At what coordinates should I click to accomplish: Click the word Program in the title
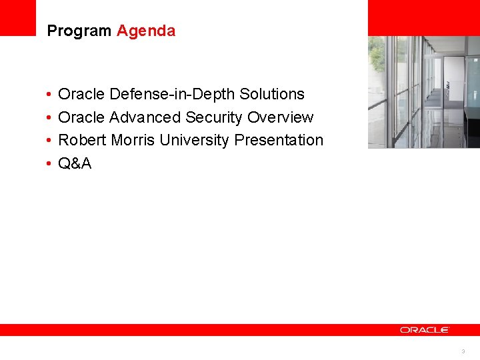click(79, 31)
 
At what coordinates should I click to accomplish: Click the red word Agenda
click(146, 31)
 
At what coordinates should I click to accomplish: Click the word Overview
click(280, 117)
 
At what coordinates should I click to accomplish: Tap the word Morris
click(133, 141)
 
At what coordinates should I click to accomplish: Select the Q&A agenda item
click(75, 163)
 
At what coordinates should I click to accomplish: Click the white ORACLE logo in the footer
click(425, 330)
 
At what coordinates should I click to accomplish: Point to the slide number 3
click(463, 351)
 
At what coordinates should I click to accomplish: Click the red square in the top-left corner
click(17, 17)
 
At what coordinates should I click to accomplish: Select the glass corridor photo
click(423, 91)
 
